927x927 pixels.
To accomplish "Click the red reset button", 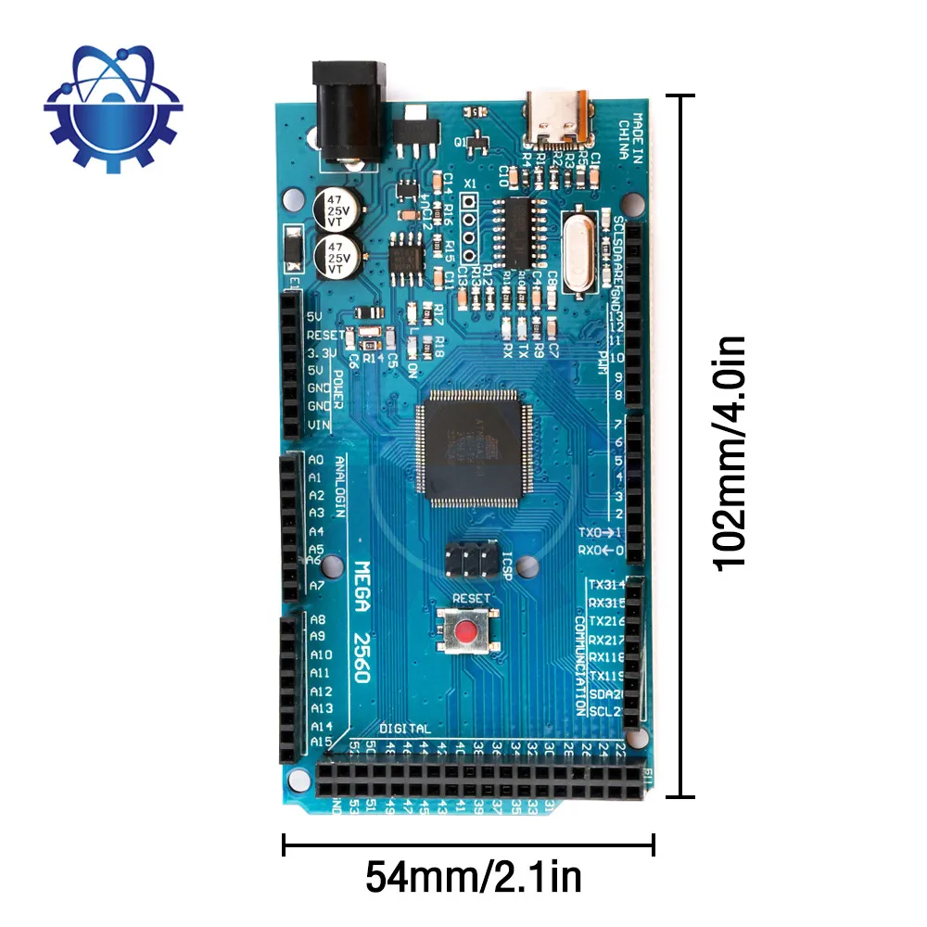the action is point(469,632).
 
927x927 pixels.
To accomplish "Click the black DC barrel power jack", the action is point(349,111).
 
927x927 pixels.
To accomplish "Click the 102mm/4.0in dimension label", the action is point(729,453).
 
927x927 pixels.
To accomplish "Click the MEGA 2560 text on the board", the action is point(362,620).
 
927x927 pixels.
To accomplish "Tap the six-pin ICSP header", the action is point(468,558).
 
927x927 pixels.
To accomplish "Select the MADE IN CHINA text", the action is point(631,138).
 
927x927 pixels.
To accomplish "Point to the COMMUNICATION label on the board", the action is point(580,663).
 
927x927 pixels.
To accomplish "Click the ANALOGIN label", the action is point(340,488).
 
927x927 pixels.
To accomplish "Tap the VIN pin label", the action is point(318,425).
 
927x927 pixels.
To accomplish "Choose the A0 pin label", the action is point(316,460).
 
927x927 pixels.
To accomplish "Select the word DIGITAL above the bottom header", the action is point(405,729).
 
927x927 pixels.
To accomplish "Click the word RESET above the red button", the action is point(470,599).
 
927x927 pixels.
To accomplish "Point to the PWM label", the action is point(602,360).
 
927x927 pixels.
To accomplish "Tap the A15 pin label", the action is point(320,743).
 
